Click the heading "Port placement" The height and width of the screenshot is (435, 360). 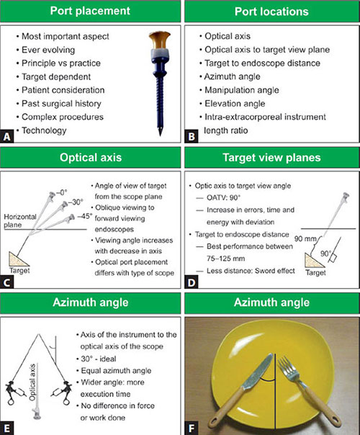(90, 11)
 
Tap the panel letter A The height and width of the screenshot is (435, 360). (7, 137)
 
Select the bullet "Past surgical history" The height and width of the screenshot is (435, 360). (61, 104)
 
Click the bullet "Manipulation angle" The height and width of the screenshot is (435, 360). (242, 90)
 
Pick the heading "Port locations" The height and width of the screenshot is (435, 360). (271, 12)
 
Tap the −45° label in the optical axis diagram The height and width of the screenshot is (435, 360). (84, 216)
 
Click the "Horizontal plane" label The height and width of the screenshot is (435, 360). (20, 220)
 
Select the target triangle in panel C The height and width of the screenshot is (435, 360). (17, 259)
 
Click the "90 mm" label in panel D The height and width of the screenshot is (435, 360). (305, 238)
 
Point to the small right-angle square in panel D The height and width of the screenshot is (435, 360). (333, 259)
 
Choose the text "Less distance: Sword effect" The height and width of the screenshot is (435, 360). (251, 271)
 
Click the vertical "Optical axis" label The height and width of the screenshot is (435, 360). (32, 382)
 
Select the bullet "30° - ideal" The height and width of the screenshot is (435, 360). (99, 359)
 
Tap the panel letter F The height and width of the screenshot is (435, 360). (192, 429)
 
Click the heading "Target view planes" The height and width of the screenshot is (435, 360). (271, 157)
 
